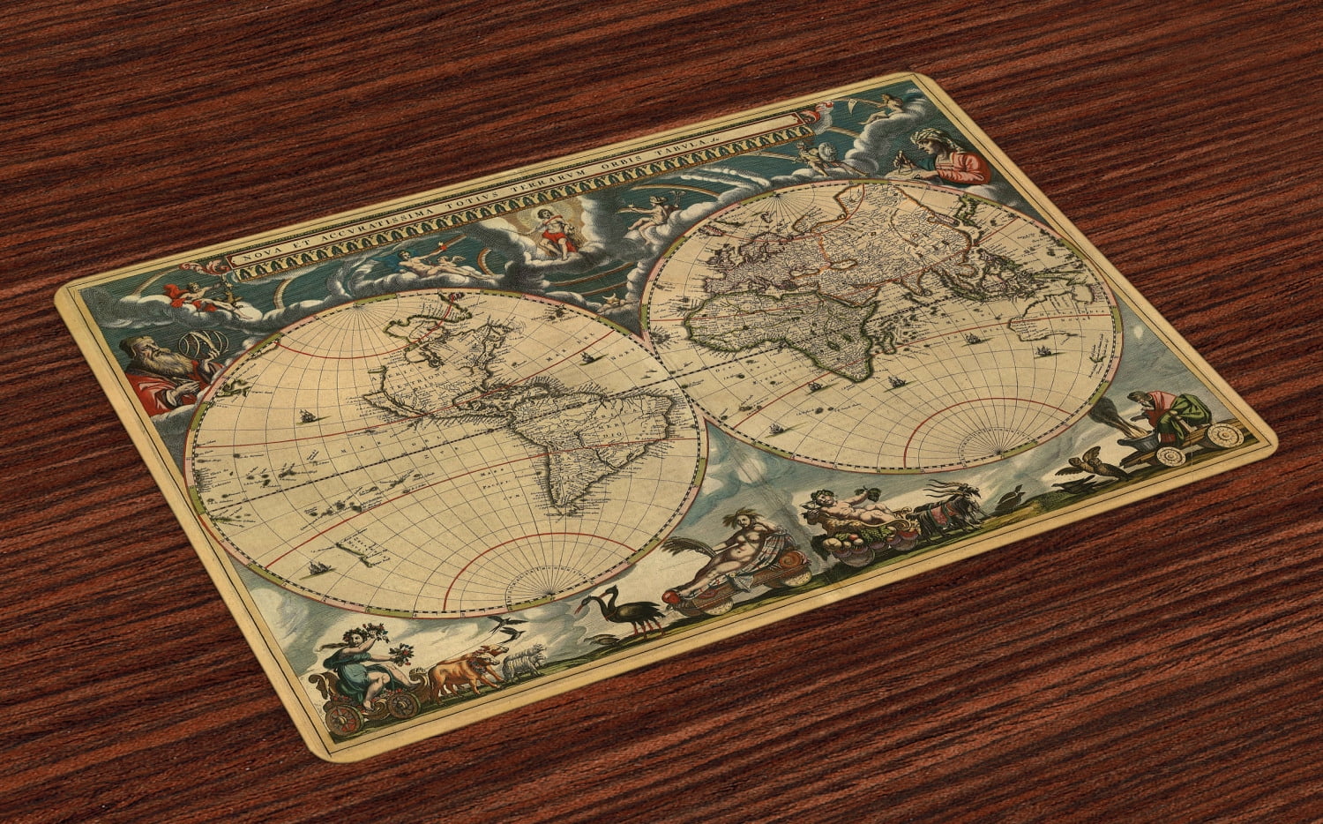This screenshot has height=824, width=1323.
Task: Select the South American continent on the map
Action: (x=551, y=441)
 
